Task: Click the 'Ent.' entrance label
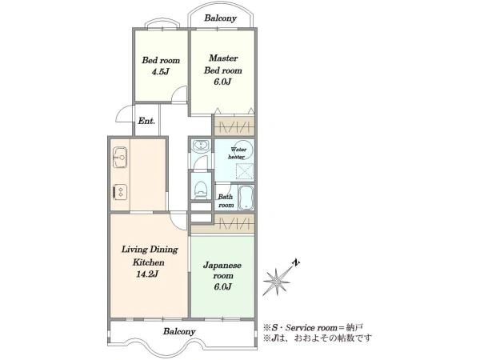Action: click(146, 121)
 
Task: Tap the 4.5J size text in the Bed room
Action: click(161, 72)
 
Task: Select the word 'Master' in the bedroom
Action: click(223, 58)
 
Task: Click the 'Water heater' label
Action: click(238, 153)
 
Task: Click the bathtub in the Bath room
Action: click(246, 198)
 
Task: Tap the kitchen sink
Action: click(120, 157)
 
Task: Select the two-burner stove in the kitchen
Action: click(120, 192)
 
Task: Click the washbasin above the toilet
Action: click(201, 145)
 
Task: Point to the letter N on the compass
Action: click(296, 262)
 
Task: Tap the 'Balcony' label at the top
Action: click(221, 18)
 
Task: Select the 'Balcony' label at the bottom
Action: click(179, 331)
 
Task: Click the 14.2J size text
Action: click(147, 274)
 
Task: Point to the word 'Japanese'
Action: click(222, 266)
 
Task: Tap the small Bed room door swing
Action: click(179, 94)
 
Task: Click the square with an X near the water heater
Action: click(246, 171)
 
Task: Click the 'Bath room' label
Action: click(226, 201)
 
